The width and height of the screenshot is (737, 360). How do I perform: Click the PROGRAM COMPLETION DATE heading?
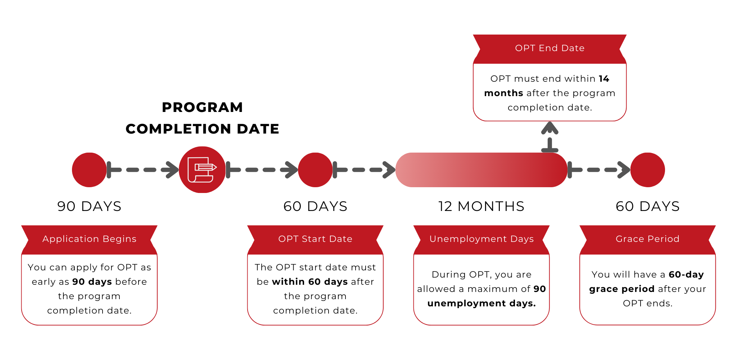point(202,118)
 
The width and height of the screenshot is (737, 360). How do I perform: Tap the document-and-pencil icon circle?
point(202,170)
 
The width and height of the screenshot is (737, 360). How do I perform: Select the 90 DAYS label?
point(89,206)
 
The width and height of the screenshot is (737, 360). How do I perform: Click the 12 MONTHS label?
point(481,206)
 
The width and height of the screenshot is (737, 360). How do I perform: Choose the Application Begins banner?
point(89,239)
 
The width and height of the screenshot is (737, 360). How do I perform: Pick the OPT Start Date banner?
point(315,239)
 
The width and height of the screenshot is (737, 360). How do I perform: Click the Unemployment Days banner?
point(481,239)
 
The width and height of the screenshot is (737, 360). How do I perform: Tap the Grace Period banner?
point(647,239)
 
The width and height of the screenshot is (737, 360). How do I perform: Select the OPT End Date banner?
point(550,48)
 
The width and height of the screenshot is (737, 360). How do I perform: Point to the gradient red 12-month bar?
point(481,170)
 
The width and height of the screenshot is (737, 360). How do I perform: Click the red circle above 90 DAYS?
point(89,170)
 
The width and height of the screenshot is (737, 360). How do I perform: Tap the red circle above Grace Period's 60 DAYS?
point(647,170)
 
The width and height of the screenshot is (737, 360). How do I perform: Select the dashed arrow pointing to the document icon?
point(143,170)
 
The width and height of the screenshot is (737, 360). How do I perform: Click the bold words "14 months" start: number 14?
point(604,79)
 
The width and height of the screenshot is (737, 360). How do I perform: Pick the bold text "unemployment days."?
point(481,303)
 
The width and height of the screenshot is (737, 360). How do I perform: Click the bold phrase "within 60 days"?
point(310,282)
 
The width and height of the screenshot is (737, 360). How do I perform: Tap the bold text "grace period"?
point(621,289)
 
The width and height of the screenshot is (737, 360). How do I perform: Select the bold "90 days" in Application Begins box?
point(92,282)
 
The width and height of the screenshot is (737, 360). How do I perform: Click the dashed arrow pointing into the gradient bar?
point(364,170)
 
